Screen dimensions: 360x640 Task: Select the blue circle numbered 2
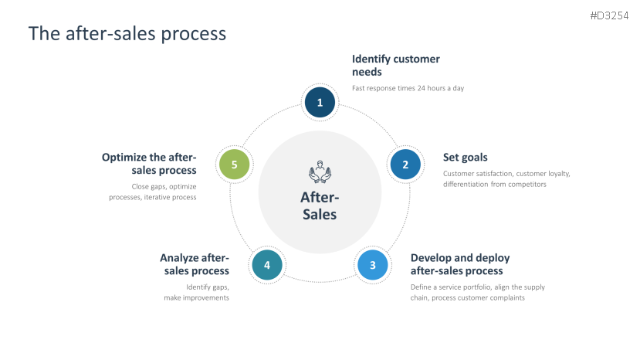405,164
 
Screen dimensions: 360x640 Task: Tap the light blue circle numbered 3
373,265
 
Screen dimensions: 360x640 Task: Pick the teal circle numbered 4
267,265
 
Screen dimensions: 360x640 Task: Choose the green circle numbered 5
234,164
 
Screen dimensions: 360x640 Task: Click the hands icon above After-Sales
319,173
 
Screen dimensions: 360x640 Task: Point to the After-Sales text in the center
319,206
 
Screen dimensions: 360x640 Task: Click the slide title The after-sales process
127,33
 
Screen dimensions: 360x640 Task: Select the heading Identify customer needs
395,65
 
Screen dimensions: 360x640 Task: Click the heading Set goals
465,158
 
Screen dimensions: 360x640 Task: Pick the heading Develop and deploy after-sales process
459,264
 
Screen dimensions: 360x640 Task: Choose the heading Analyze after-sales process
195,264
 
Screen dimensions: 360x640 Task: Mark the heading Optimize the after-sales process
149,164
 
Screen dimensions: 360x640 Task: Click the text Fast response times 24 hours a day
408,88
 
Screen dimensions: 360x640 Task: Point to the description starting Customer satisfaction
506,178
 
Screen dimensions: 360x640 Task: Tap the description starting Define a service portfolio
477,292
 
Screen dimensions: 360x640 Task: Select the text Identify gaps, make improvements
198,292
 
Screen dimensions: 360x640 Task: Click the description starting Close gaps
153,192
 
